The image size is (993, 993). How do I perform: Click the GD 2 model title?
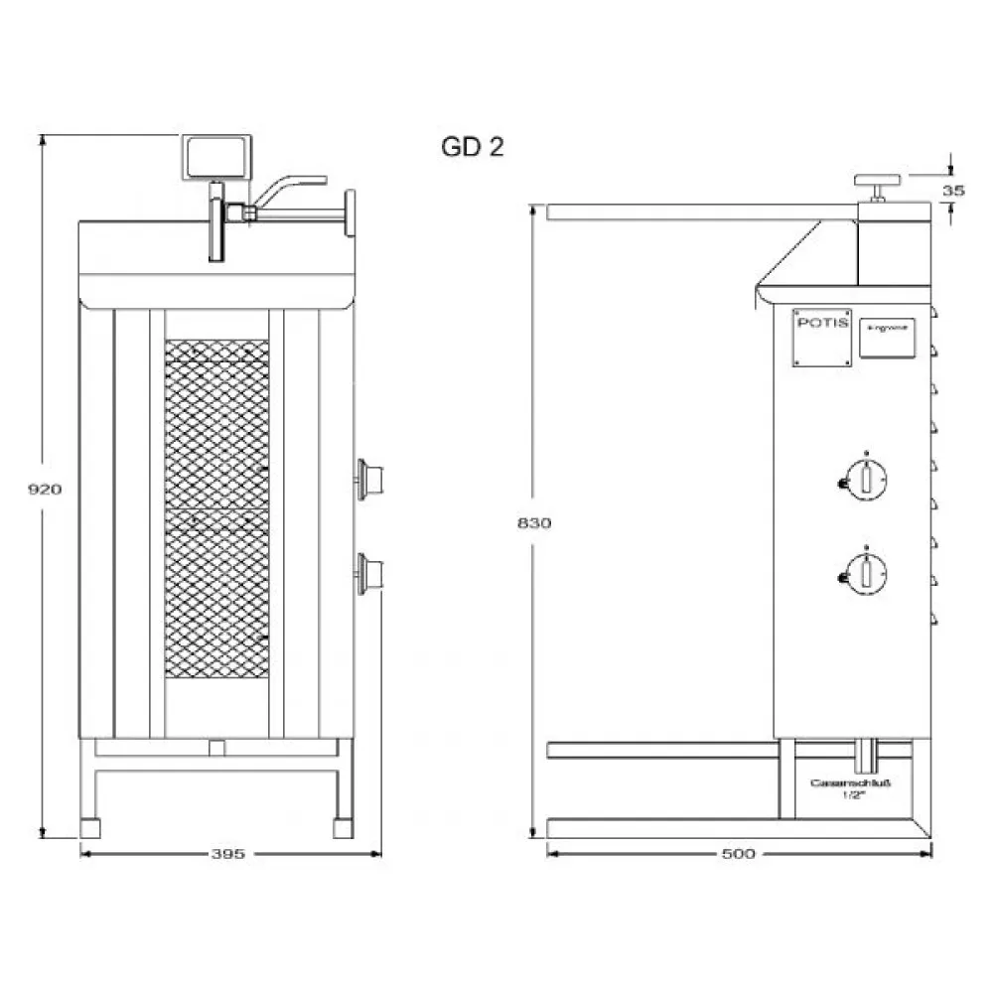coord(473,147)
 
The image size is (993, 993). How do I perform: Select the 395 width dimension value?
coord(229,854)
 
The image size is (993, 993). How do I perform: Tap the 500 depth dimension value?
coord(739,854)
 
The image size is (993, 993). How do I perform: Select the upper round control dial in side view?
coord(867,478)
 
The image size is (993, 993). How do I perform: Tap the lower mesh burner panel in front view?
coord(216,601)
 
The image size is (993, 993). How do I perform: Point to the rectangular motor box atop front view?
coord(215,157)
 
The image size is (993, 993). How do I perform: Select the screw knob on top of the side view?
coord(877,183)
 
